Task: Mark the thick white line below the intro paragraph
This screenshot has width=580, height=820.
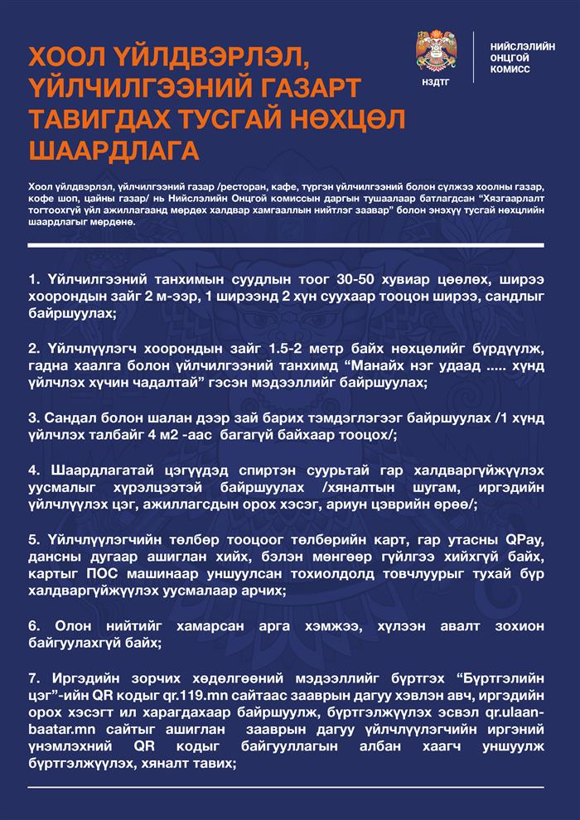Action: pos(286,246)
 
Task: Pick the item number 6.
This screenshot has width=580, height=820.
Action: pos(33,624)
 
